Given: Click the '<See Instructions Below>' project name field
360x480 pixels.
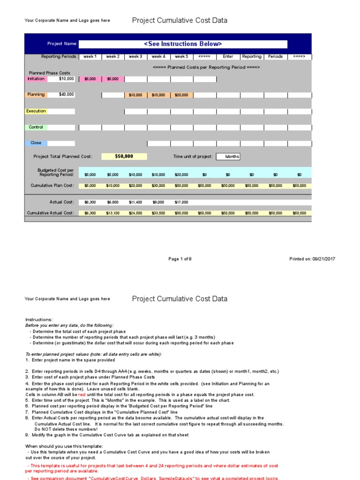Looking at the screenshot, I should coord(183,44).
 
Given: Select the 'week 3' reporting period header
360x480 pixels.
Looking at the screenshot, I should coord(135,57).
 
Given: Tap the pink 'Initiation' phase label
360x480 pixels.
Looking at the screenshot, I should coord(36,79).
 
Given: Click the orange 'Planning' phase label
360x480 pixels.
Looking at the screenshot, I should coord(36,95).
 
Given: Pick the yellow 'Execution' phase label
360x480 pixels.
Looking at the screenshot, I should coord(36,111).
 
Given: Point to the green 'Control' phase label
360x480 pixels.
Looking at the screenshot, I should coord(36,127).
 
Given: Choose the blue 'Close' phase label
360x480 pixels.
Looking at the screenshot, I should coord(36,143).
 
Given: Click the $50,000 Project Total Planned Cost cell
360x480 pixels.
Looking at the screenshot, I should coord(124,157).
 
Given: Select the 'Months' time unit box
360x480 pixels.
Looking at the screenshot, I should coord(228,157).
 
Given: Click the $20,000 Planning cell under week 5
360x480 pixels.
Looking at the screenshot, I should coord(181,95).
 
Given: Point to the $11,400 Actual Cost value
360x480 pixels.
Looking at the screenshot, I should coord(135,202).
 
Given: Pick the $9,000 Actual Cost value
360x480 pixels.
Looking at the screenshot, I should coord(158,202).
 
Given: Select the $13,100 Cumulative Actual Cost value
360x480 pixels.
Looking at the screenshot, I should coord(112,213).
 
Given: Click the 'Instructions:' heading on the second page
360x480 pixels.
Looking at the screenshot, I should coord(39,320).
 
